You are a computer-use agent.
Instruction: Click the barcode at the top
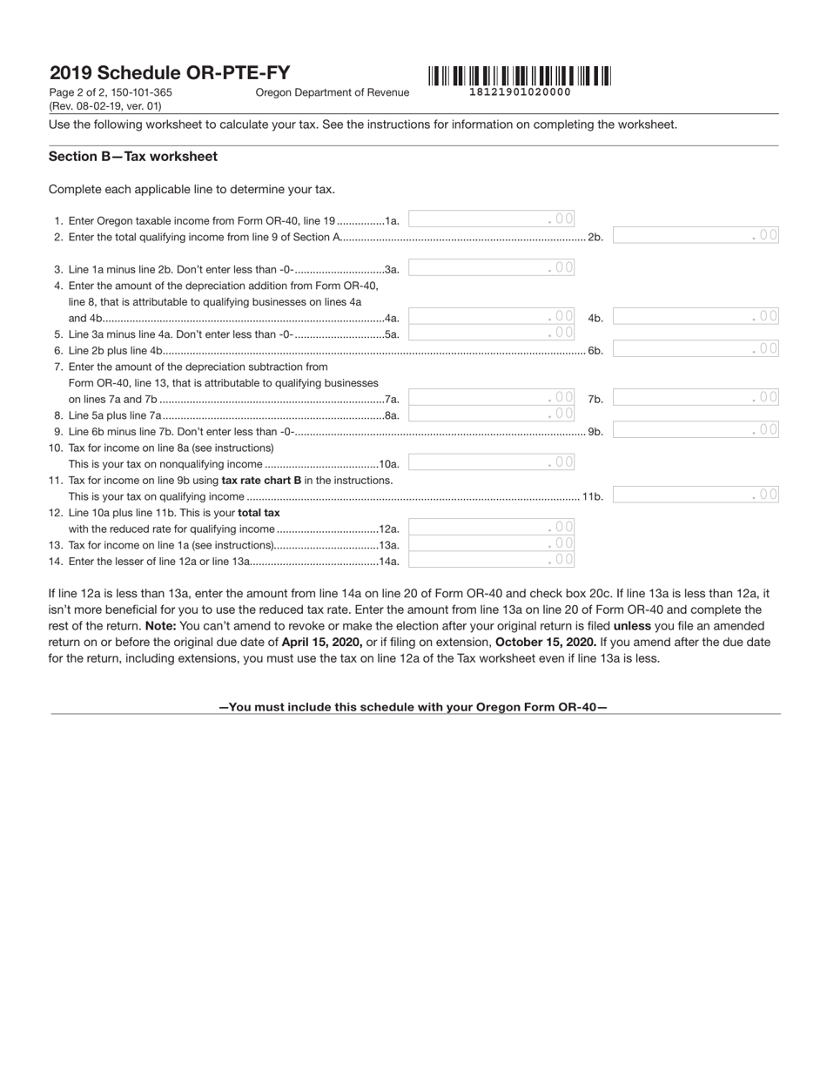(x=519, y=76)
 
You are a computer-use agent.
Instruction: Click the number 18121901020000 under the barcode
(x=520, y=91)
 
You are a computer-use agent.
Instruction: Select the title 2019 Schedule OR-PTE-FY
(x=170, y=73)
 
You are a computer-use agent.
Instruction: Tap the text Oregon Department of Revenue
(x=332, y=92)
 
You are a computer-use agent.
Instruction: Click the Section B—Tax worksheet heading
(x=133, y=157)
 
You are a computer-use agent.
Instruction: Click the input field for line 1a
(x=492, y=219)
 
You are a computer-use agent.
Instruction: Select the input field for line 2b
(x=696, y=235)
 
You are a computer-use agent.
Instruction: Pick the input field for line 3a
(x=492, y=267)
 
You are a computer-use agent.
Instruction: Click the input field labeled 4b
(x=696, y=317)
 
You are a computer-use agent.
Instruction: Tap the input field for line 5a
(x=492, y=333)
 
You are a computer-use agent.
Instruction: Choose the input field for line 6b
(x=696, y=349)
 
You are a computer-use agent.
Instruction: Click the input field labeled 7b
(x=696, y=398)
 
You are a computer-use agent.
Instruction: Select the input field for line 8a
(x=492, y=414)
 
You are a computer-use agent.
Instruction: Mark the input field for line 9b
(x=696, y=430)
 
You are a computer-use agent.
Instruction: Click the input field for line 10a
(x=492, y=462)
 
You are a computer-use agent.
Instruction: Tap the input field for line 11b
(x=696, y=495)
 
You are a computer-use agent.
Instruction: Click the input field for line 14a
(x=492, y=560)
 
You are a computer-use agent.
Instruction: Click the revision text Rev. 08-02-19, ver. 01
(x=105, y=106)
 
